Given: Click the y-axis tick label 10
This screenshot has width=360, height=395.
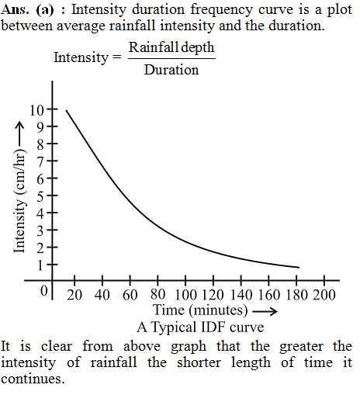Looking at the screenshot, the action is pos(36,110).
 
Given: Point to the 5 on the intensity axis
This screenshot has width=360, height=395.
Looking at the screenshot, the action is pos(40,196).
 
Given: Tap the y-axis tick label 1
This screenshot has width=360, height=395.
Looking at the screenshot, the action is pos(40,265).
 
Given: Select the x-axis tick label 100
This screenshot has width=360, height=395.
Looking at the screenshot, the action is pos(186,295).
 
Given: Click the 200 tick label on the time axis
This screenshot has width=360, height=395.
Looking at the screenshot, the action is pos(324,295).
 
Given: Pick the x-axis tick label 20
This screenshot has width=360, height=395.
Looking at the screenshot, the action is pos(74,295).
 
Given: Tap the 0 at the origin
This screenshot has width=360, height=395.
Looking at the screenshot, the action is pos(44,290).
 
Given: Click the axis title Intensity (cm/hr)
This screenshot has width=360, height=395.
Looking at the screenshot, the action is pos(19,201).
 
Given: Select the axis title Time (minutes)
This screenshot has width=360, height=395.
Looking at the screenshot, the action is pos(200,310).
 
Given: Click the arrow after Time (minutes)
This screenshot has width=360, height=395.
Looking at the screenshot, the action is pos(265,311).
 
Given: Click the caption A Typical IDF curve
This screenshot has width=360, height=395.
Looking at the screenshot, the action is pos(200,327).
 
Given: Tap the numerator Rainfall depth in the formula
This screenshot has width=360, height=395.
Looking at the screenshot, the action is pos(171,48).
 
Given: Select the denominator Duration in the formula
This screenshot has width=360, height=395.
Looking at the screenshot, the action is pos(171,70).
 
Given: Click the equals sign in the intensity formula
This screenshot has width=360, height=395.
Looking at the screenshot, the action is pos(117,57).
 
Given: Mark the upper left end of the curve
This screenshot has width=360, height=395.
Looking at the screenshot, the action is pos(66,110).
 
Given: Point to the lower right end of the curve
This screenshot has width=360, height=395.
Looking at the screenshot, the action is pos(299,268).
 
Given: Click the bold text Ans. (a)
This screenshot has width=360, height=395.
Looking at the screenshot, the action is pos(27,10).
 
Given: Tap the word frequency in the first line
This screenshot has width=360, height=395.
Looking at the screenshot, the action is pos(221,11).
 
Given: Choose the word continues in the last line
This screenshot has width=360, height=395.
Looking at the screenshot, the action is pos(33,379).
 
